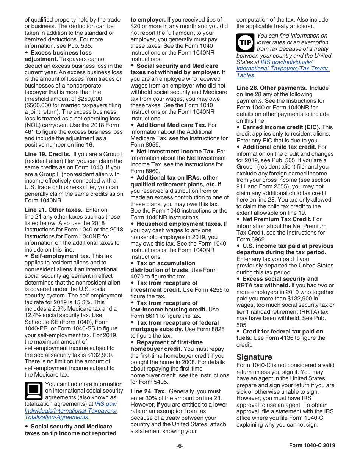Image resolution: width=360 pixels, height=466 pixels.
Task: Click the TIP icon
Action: (245, 42)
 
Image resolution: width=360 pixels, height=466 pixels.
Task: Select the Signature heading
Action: (254, 357)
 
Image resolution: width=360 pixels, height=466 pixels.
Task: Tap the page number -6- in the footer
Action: (180, 446)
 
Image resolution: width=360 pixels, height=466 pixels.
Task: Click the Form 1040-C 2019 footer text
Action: (312, 446)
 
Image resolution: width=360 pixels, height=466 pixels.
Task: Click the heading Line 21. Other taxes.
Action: (53, 210)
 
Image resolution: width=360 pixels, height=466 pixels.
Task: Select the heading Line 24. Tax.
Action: (148, 391)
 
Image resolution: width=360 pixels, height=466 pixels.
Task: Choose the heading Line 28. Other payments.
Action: (272, 88)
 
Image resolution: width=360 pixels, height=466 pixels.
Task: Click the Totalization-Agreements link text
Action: (56, 417)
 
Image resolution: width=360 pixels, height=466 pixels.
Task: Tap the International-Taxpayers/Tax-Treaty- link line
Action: (283, 69)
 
